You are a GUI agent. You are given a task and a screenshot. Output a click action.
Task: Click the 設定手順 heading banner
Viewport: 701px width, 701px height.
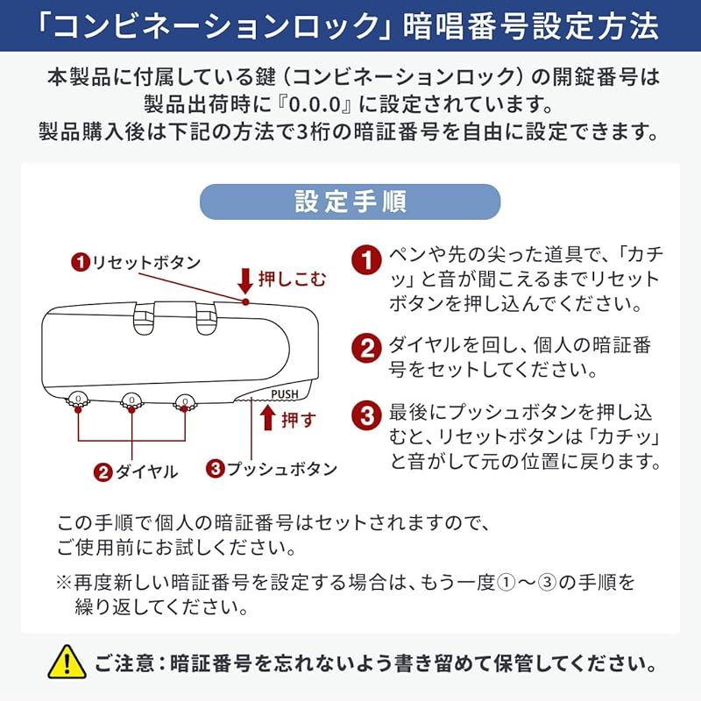pyautogui.click(x=350, y=202)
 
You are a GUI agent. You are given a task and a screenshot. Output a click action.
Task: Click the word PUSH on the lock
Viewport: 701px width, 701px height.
pyautogui.click(x=285, y=393)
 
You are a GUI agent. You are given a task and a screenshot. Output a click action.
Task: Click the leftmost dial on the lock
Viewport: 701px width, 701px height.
pyautogui.click(x=78, y=401)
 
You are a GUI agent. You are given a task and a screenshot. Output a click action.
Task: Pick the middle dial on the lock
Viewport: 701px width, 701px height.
pyautogui.click(x=131, y=401)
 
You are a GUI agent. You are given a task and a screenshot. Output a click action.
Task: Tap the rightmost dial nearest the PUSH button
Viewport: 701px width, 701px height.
pyautogui.click(x=184, y=401)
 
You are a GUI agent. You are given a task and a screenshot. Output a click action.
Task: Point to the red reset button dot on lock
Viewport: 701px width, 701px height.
pyautogui.click(x=246, y=301)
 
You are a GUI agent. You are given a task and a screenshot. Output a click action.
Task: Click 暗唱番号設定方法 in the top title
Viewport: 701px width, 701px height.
pyautogui.click(x=530, y=26)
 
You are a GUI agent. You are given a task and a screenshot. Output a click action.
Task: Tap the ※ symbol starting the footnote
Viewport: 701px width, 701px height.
pyautogui.click(x=64, y=582)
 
